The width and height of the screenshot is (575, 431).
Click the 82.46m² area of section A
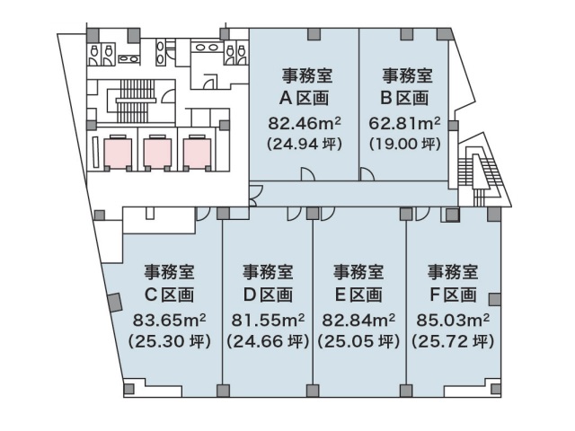(305, 124)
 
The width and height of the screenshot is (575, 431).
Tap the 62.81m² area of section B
(404, 124)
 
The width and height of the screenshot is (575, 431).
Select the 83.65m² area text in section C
(169, 321)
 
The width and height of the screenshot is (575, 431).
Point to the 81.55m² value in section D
(268, 321)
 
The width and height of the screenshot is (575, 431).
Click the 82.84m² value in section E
(358, 321)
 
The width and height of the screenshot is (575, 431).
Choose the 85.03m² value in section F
(453, 321)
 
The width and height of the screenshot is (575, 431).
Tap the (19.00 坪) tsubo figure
(405, 144)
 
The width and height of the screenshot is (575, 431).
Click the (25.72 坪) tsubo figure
(453, 341)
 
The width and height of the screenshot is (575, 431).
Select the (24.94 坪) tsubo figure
(305, 144)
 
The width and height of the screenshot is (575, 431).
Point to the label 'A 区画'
(304, 98)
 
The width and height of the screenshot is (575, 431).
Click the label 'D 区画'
(268, 295)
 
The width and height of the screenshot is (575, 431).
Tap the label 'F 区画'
(453, 295)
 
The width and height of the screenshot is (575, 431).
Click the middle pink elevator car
(157, 153)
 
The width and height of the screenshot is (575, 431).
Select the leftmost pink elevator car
(118, 153)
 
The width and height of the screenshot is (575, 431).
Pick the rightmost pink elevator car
(198, 153)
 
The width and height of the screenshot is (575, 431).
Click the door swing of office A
(308, 174)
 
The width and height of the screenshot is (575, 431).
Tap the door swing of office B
(367, 174)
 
